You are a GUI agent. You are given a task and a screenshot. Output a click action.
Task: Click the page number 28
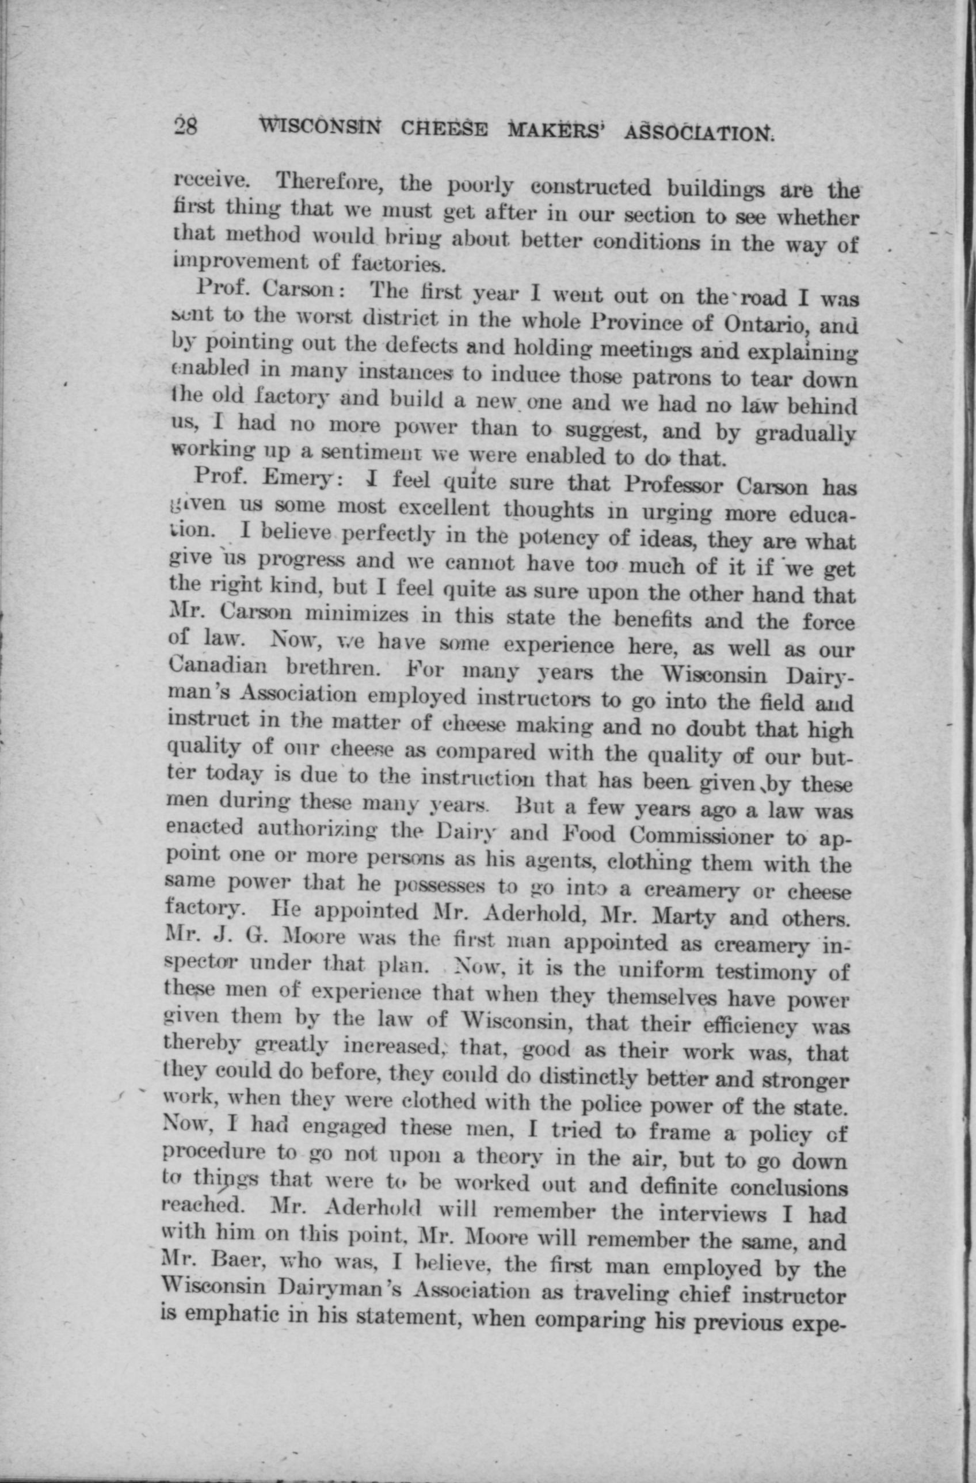tap(186, 127)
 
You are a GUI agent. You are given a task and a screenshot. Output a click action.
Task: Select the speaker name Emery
tap(300, 478)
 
